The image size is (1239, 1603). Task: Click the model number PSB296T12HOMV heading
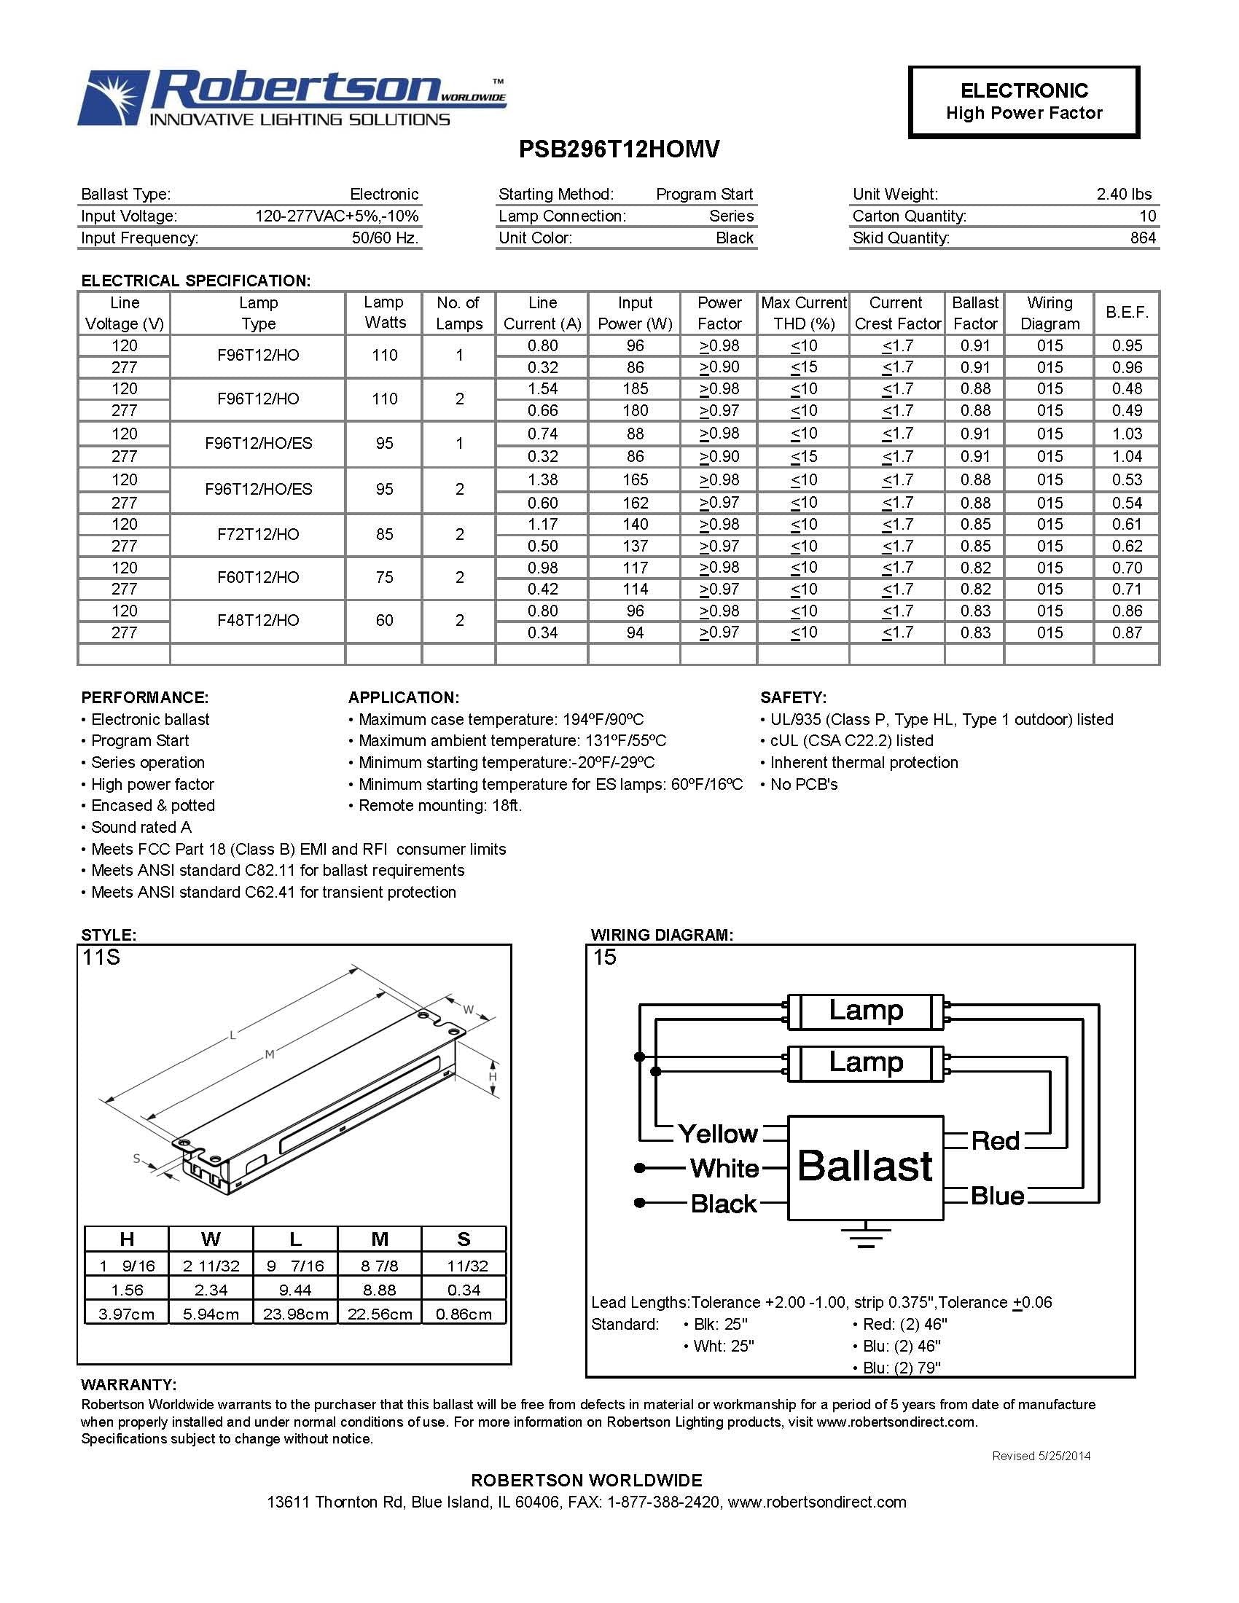619,149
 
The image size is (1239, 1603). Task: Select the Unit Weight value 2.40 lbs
1124,194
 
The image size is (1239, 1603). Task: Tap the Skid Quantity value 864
1143,238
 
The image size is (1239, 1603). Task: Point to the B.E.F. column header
1126,313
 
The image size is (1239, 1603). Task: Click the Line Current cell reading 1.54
542,388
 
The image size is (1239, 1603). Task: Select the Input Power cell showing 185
635,388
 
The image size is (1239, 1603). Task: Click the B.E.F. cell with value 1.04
1126,457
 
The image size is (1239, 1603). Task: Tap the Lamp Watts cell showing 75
384,577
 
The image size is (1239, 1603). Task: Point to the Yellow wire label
717,1134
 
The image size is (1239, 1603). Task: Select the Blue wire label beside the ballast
997,1196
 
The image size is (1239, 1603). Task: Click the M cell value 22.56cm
380,1314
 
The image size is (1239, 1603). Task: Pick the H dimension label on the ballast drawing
493,1077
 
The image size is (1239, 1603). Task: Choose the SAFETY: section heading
793,697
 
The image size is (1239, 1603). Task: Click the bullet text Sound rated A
141,827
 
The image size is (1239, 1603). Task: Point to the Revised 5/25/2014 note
1041,1456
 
